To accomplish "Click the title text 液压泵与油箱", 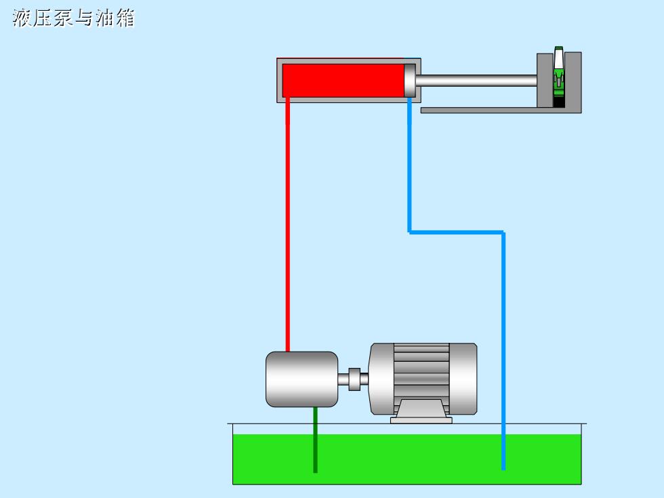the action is pos(74,18).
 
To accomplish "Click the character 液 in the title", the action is pos(22,18).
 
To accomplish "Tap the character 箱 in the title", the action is pos(125,18).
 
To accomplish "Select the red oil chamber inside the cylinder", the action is pos(343,81).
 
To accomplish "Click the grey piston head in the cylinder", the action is pos(409,81).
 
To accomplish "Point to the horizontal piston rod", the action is pos(476,81).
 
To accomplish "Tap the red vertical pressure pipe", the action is pos(287,224).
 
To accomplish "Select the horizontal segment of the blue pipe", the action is pos(457,232).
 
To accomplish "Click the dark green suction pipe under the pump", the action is pos(315,440).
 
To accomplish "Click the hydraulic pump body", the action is pos(302,379).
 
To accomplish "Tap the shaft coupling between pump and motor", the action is pos(354,379).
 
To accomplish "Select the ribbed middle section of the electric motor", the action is pos(421,371).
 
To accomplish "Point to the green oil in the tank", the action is pos(407,459).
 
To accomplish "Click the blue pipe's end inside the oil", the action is pos(503,469).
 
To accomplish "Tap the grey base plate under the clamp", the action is pos(501,110).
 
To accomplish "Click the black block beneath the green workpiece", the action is pos(559,102).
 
